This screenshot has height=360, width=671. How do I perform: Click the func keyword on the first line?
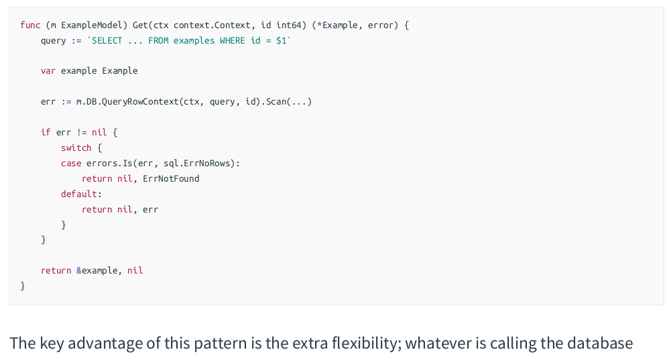[x=30, y=25]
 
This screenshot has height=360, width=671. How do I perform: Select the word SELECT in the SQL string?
[x=107, y=40]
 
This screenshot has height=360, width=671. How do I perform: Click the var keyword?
[x=48, y=70]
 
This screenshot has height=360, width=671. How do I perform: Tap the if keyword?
[x=46, y=132]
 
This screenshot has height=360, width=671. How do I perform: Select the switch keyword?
[x=76, y=147]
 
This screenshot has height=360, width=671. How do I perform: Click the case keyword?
[x=71, y=163]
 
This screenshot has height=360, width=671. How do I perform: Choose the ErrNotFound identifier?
[x=171, y=178]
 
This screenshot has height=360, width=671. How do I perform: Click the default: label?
[x=81, y=194]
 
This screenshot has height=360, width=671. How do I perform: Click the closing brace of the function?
[x=23, y=286]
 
